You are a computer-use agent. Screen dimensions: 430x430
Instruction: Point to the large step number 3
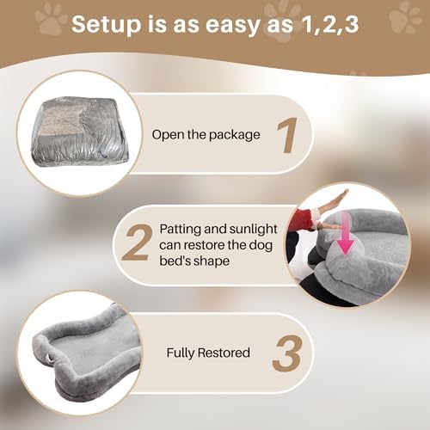coord(287,354)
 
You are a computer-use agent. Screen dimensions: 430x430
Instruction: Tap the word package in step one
coord(234,135)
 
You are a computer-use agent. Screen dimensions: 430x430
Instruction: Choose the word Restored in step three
coord(224,353)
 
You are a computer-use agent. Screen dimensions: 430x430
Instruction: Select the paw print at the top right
coord(406,18)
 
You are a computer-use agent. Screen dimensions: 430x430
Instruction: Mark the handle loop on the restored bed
coord(51,358)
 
